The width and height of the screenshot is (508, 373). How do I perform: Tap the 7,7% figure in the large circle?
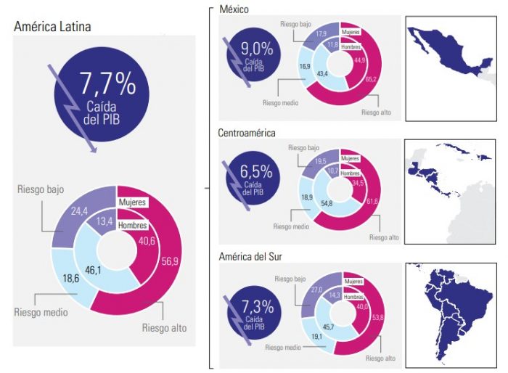pyautogui.click(x=108, y=85)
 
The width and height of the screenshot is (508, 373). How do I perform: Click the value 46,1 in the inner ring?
pyautogui.click(x=93, y=269)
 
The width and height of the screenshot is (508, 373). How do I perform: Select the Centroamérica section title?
pyautogui.click(x=247, y=134)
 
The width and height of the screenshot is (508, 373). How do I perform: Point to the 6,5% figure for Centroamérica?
pyautogui.click(x=257, y=173)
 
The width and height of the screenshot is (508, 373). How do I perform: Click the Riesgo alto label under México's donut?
pyautogui.click(x=375, y=112)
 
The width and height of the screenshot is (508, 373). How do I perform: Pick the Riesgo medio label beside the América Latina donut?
pyautogui.click(x=41, y=313)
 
